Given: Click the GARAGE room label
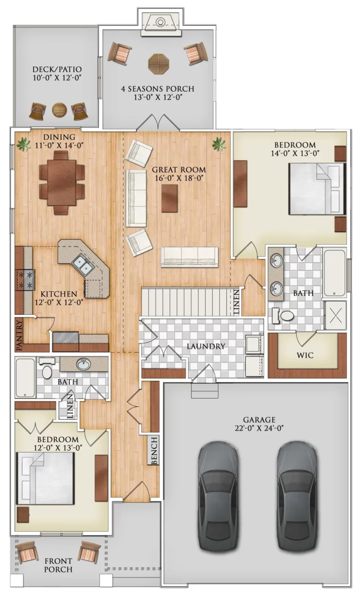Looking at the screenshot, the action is (259, 420).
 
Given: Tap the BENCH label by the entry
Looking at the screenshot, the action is (154, 451).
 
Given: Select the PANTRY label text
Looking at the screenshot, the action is (19, 335).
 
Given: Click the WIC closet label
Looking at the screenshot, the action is (305, 355).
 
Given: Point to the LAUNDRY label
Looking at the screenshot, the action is (206, 346).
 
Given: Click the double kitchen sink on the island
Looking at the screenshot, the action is (83, 265).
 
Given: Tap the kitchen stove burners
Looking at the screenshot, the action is (26, 280).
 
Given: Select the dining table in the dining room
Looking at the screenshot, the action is (61, 182).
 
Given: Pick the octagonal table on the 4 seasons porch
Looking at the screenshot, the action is (158, 64).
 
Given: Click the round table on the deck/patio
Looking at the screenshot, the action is (59, 110).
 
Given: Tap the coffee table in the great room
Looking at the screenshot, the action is (169, 198).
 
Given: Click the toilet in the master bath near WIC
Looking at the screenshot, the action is (284, 316).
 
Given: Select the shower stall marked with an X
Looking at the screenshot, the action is (336, 315).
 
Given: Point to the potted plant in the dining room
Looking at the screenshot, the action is (24, 144).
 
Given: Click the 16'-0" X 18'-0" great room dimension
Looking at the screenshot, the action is (179, 178).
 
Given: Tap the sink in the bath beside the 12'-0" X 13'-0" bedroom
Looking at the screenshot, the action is (83, 364).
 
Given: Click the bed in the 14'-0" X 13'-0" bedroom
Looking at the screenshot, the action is (317, 189).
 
